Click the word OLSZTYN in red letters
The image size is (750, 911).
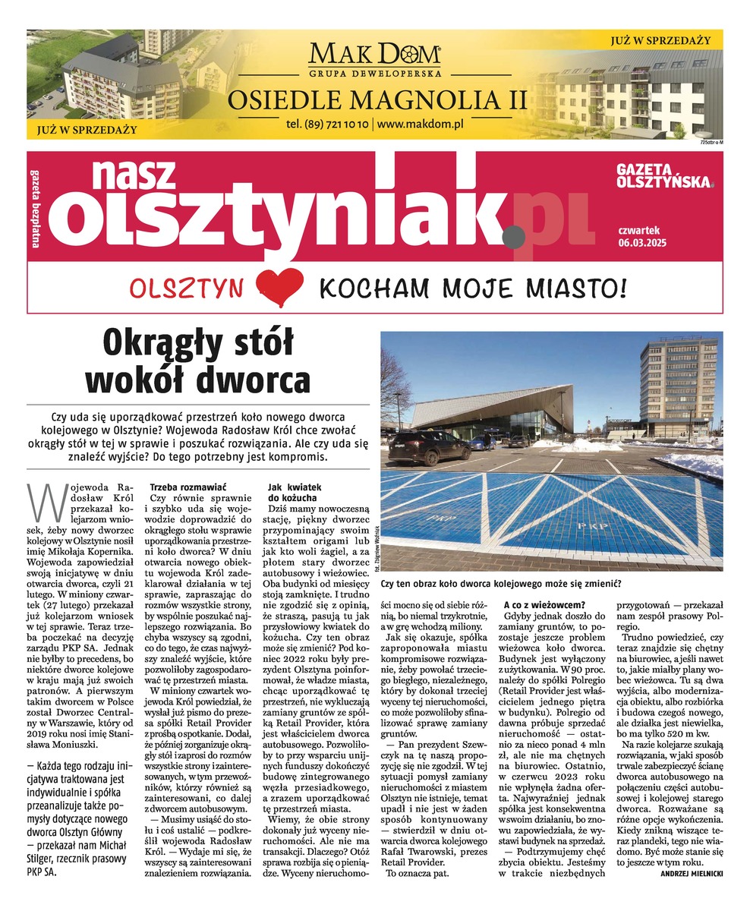click(x=187, y=288)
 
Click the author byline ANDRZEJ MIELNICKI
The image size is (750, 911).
click(x=686, y=874)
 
